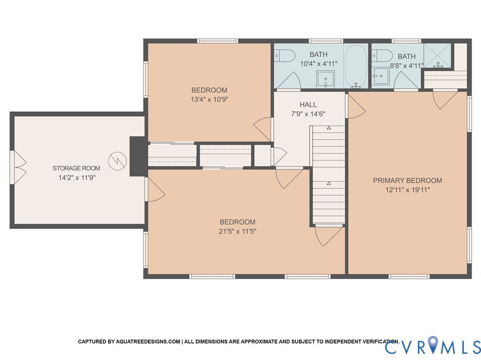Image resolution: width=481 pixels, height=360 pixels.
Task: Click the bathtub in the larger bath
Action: pyautogui.click(x=356, y=66)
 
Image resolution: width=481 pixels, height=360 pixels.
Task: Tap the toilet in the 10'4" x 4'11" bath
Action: pyautogui.click(x=284, y=56)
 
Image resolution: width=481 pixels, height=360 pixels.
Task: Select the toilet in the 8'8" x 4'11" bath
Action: pyautogui.click(x=382, y=55)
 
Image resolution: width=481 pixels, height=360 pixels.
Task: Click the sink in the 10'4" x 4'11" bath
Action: pyautogui.click(x=325, y=79)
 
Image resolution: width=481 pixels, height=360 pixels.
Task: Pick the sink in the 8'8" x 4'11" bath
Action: pyautogui.click(x=381, y=75)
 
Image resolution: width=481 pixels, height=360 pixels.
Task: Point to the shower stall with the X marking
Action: pyautogui.click(x=437, y=56)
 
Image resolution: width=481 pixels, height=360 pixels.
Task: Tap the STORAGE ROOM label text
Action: pyautogui.click(x=76, y=168)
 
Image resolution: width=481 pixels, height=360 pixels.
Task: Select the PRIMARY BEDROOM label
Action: pyautogui.click(x=407, y=180)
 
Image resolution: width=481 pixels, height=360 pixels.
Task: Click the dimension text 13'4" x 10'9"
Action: pyautogui.click(x=209, y=99)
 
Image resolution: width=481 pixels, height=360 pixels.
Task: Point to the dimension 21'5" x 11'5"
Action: pyautogui.click(x=238, y=231)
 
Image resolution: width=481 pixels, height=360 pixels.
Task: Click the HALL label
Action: pyautogui.click(x=308, y=105)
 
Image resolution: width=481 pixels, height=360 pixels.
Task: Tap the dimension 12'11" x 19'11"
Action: pyautogui.click(x=407, y=190)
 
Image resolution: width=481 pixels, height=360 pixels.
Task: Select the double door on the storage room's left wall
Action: pyautogui.click(x=18, y=168)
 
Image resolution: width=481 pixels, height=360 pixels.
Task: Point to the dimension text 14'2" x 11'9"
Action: pyautogui.click(x=76, y=177)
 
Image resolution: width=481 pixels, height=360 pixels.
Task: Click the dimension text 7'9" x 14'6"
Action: pyautogui.click(x=308, y=114)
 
